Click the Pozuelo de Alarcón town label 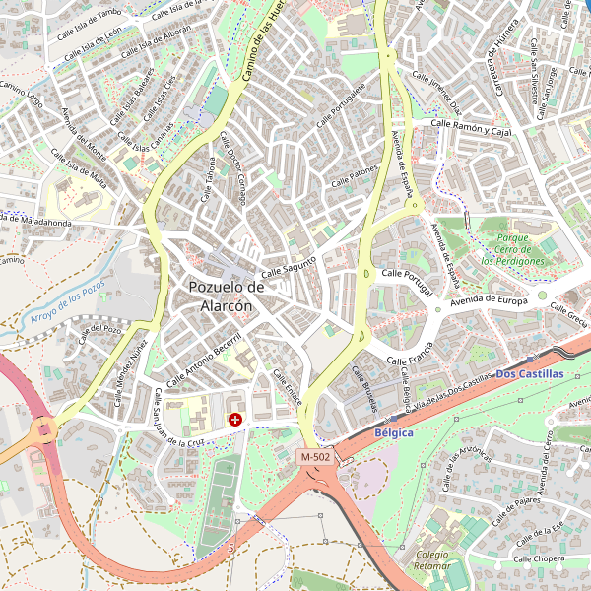227,296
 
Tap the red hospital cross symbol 235,420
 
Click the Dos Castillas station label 530,374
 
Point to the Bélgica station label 394,432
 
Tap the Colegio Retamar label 432,560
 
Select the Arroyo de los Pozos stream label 67,302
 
